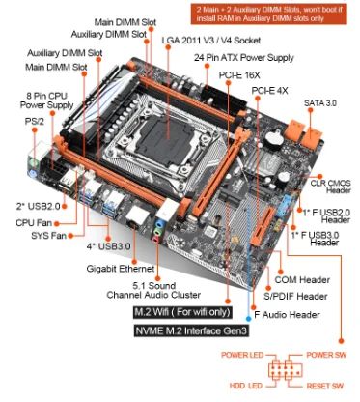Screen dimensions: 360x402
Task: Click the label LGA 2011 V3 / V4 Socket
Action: coord(211,41)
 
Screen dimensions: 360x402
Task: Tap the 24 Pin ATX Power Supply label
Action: coord(244,58)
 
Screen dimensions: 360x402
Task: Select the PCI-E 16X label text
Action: coord(239,75)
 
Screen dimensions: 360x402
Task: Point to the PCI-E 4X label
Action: coord(269,91)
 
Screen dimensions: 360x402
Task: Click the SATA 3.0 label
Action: coord(320,103)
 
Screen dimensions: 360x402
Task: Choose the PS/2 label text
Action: coord(35,121)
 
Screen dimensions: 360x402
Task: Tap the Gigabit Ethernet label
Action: coord(121,269)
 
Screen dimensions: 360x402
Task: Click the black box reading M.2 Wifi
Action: coord(182,312)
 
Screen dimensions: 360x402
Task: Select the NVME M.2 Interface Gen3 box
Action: coord(191,330)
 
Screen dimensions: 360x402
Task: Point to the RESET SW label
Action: coord(325,386)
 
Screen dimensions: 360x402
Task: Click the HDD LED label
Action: coord(246,386)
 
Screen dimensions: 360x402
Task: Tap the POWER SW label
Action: coord(326,355)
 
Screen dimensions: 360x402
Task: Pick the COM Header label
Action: coord(302,279)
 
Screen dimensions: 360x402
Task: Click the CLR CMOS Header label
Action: coord(331,187)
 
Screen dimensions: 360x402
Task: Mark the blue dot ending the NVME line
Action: coord(248,319)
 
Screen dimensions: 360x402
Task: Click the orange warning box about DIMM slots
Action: coord(269,14)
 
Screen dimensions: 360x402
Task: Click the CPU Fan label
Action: coord(34,222)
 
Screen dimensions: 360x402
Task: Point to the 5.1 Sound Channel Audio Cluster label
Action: coord(153,290)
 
